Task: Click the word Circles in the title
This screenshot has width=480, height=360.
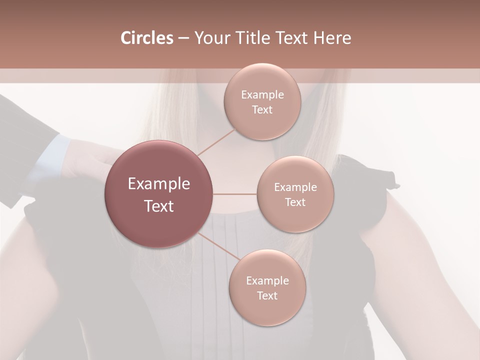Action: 147,38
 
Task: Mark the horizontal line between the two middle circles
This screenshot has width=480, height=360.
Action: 235,194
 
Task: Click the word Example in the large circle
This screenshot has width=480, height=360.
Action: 159,184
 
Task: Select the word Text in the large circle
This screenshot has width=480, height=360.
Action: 159,205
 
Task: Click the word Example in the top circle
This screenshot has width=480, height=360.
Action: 262,95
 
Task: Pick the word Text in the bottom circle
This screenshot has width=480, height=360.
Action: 267,295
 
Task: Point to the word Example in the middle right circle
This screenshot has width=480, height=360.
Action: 295,187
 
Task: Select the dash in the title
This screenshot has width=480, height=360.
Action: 183,38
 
